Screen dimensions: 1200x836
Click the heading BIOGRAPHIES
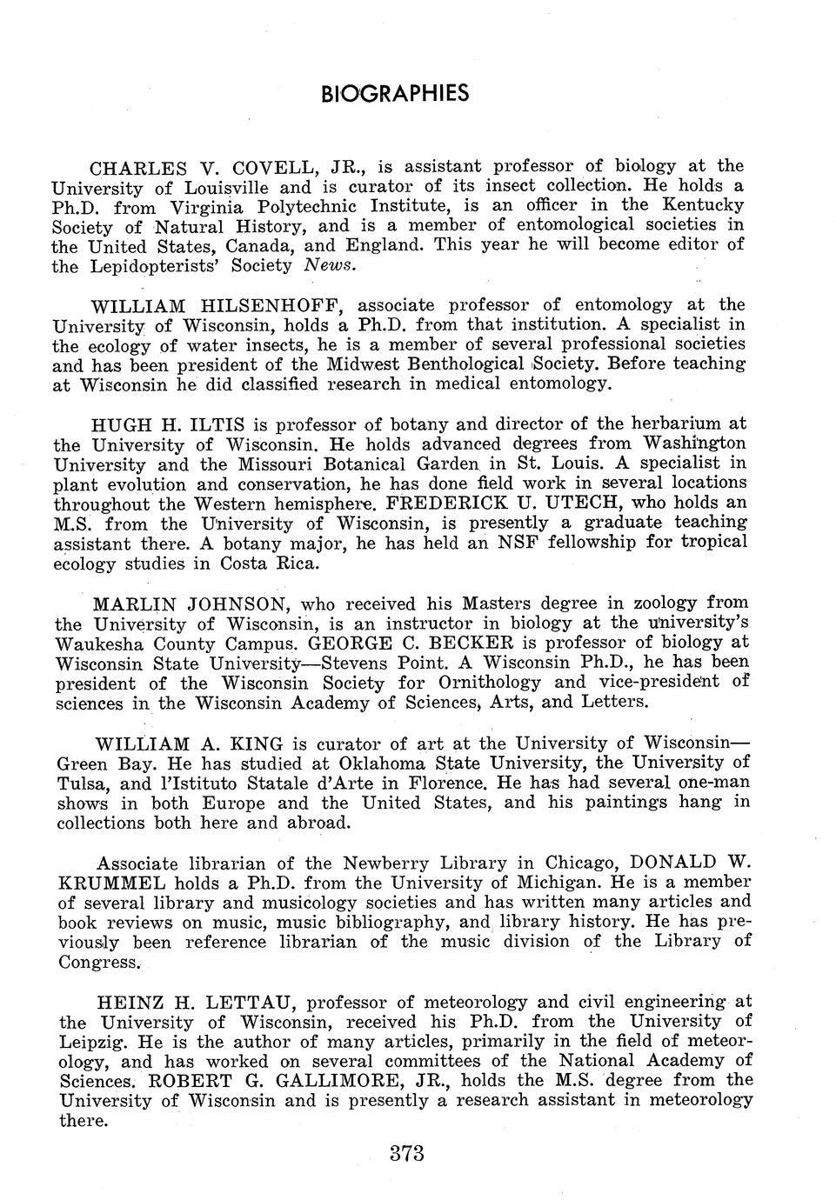[x=395, y=93]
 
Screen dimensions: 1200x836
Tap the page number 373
[x=406, y=1154]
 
